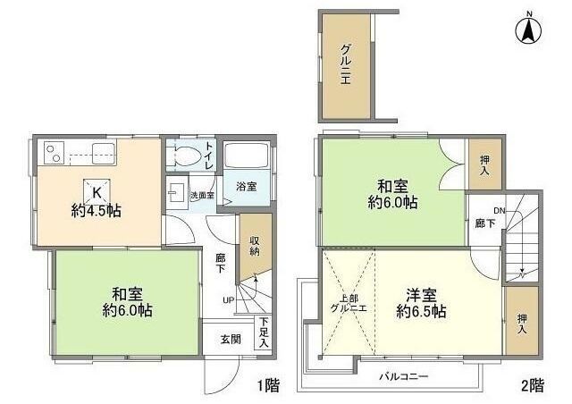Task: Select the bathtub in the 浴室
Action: [x=245, y=157]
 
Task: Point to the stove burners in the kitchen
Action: [x=53, y=153]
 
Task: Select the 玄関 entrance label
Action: [x=230, y=340]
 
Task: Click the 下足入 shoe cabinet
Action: [x=263, y=332]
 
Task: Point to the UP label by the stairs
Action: [x=228, y=299]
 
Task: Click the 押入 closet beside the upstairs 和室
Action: [x=484, y=164]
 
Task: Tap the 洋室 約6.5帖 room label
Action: [x=421, y=303]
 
